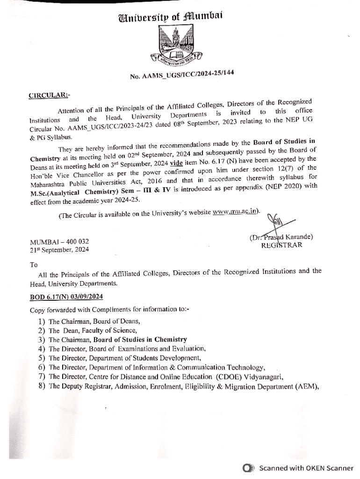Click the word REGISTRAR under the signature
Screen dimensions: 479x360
pyautogui.click(x=281, y=245)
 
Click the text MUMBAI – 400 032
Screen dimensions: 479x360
pyautogui.click(x=59, y=242)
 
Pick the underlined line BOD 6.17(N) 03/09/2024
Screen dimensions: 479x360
pyautogui.click(x=66, y=297)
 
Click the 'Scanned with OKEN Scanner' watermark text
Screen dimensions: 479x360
pyautogui.click(x=306, y=468)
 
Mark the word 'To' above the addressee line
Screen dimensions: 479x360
pyautogui.click(x=34, y=264)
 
